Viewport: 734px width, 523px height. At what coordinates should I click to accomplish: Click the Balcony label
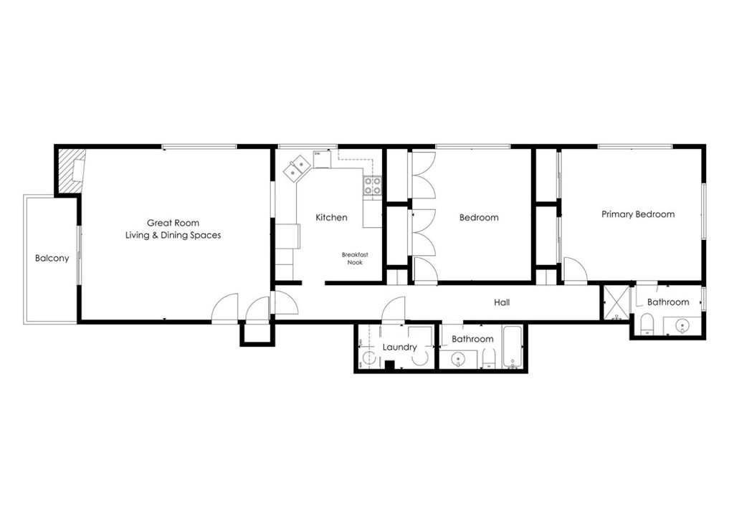pos(52,258)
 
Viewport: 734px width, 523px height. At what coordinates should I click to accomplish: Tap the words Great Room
pos(173,223)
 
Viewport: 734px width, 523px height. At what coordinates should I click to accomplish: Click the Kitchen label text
pos(331,217)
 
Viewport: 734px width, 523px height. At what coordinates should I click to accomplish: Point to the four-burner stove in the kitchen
pos(373,186)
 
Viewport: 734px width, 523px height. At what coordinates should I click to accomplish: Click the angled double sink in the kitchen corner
pos(296,169)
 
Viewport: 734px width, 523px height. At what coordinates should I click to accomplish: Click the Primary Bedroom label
pos(637,213)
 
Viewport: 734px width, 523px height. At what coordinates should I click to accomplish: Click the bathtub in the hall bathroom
pos(513,349)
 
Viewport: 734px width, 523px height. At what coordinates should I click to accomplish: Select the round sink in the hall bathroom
pos(457,358)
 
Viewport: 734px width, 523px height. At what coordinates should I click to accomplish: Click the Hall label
pos(502,302)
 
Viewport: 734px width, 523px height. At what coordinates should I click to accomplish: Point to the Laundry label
pos(399,347)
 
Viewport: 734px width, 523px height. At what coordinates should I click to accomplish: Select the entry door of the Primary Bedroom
pos(575,270)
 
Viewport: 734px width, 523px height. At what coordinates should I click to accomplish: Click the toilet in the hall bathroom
pos(487,358)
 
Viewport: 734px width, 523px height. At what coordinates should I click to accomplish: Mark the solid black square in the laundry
pos(389,365)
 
